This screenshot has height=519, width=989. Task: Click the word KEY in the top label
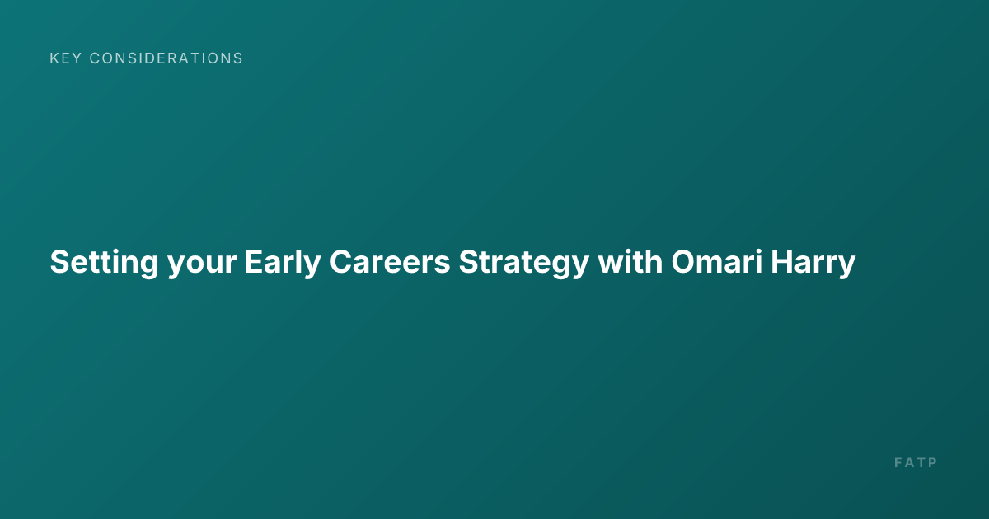[x=66, y=58]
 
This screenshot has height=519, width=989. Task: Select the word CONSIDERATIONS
[x=166, y=58]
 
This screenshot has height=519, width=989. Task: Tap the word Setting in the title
[x=104, y=263]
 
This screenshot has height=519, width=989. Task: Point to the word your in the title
[x=202, y=265]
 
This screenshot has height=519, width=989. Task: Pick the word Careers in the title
[x=390, y=262]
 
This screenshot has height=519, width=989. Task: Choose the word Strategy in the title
[x=524, y=263]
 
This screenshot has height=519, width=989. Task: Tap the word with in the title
[x=630, y=262]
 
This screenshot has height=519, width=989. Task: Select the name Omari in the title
[x=716, y=262]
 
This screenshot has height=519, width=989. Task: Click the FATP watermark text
[x=916, y=462]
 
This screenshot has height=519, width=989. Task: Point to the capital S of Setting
[x=60, y=262]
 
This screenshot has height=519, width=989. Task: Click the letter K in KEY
[x=54, y=58]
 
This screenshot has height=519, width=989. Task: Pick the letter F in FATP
[x=898, y=462]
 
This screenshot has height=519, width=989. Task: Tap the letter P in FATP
[x=933, y=462]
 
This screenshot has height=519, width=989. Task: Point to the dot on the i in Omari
[x=757, y=251]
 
